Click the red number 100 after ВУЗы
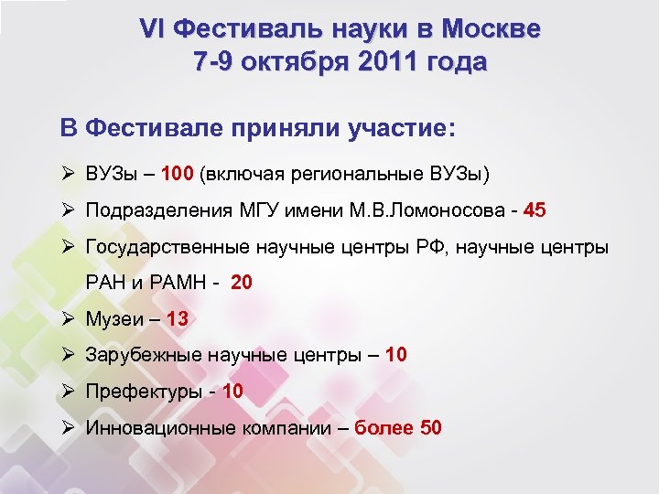[x=178, y=174]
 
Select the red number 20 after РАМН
[x=242, y=283]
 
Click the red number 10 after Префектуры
[x=232, y=392]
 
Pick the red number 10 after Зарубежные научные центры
[x=396, y=355]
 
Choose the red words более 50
[x=397, y=427]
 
